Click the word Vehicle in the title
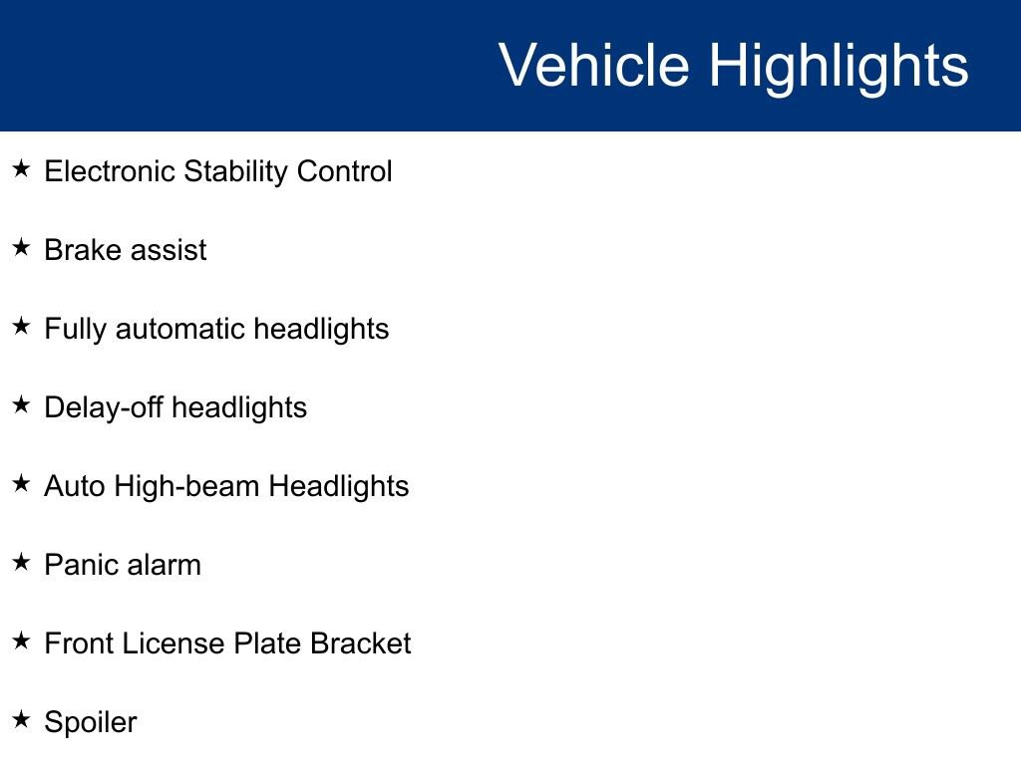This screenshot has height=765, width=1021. tap(593, 66)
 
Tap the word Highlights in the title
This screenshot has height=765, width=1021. tap(839, 66)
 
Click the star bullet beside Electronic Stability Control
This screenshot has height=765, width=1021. tap(21, 168)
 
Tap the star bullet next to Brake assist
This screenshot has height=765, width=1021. tap(21, 247)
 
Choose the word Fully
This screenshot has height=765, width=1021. tap(75, 329)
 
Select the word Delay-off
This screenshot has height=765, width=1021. tap(104, 407)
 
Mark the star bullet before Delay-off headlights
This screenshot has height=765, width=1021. tap(21, 404)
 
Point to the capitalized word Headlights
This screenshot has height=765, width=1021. tap(339, 486)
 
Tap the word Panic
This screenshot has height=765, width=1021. tap(81, 565)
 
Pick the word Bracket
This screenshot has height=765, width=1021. tap(360, 643)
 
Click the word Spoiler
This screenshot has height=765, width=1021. tap(91, 723)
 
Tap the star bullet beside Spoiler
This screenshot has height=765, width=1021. tap(21, 719)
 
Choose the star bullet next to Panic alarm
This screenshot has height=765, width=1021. tap(21, 562)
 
